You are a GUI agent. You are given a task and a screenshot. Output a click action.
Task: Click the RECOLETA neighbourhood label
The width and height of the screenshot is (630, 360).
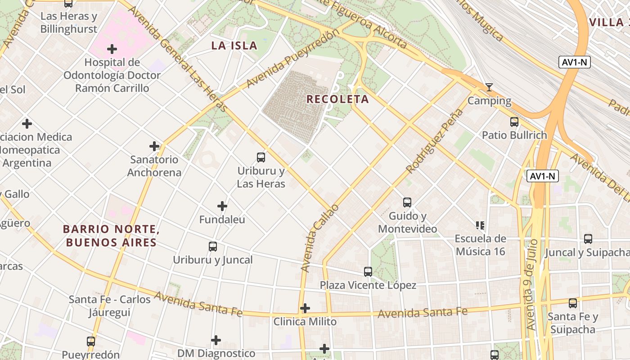[337, 99]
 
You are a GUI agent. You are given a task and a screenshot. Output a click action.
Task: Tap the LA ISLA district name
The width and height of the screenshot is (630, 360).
[234, 45]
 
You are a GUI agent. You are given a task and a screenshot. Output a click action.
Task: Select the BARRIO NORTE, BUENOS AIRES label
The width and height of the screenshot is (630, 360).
[111, 236]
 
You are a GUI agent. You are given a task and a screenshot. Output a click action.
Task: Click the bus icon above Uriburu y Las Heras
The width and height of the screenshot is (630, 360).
[261, 157]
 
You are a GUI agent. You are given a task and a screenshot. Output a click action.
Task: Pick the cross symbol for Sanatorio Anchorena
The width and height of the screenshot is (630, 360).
[154, 146]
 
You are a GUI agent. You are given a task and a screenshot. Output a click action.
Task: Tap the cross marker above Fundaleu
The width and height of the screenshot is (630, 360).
[222, 206]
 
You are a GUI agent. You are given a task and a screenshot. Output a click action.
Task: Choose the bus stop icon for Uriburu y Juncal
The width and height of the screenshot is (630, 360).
[213, 247]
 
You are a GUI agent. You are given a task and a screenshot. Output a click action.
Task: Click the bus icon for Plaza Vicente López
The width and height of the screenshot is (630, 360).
[368, 272]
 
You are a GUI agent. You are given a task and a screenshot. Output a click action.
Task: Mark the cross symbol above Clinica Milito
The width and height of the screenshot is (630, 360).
[305, 308]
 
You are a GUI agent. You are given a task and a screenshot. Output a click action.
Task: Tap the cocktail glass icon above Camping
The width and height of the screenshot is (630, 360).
[489, 87]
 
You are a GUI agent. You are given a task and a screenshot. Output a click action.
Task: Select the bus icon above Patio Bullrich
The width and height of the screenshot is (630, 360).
[514, 122]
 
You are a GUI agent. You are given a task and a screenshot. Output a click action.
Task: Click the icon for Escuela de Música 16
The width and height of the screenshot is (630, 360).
[480, 225]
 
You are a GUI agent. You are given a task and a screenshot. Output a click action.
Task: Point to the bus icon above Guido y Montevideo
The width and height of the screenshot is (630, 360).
[407, 202]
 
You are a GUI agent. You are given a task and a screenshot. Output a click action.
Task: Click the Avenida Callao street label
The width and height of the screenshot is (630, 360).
[319, 238]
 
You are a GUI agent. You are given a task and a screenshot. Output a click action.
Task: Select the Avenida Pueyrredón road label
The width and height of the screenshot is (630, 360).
[292, 59]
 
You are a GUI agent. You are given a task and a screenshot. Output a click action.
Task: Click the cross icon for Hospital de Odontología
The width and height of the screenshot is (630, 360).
[112, 49]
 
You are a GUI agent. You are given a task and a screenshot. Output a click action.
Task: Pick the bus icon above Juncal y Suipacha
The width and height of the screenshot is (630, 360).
[588, 239]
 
